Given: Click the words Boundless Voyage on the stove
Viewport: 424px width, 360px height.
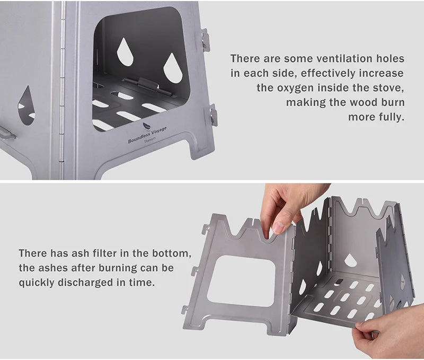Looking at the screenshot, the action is click(x=147, y=135).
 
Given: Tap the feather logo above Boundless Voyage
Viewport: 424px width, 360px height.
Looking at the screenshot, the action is click(x=147, y=126).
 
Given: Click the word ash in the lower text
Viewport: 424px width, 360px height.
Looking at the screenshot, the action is click(x=81, y=253).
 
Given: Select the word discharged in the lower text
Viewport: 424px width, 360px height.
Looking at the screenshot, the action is click(x=85, y=283).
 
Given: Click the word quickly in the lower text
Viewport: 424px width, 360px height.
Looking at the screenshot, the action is click(x=36, y=283).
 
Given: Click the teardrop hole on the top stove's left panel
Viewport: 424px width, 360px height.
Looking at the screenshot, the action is click(x=26, y=106).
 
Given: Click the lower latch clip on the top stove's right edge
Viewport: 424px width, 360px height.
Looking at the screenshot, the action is click(x=213, y=115).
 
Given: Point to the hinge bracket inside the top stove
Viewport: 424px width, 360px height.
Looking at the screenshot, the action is click(x=148, y=86).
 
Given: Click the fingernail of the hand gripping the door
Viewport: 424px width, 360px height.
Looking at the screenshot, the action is click(x=278, y=228).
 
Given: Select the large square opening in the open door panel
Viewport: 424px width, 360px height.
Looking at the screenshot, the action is click(x=241, y=281).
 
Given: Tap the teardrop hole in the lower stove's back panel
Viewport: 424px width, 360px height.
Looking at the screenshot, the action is click(x=350, y=260).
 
